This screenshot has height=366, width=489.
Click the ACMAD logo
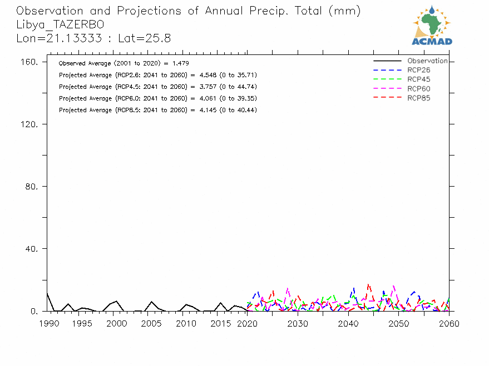click(x=432, y=25)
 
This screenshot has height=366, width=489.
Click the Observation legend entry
click(x=427, y=61)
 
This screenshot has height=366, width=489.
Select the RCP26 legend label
click(x=418, y=70)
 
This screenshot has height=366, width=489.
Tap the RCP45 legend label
click(x=418, y=79)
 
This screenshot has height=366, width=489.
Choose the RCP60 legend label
click(x=418, y=89)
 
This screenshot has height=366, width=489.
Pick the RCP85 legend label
click(x=418, y=98)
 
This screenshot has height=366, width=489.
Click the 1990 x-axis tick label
click(x=48, y=323)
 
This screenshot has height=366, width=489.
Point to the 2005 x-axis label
click(x=151, y=323)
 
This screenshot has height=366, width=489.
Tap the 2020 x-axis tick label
click(x=248, y=323)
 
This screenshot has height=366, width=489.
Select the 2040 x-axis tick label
click(x=348, y=323)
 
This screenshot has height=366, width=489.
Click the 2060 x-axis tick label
click(x=449, y=323)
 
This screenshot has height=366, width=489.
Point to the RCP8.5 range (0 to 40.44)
click(x=240, y=110)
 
